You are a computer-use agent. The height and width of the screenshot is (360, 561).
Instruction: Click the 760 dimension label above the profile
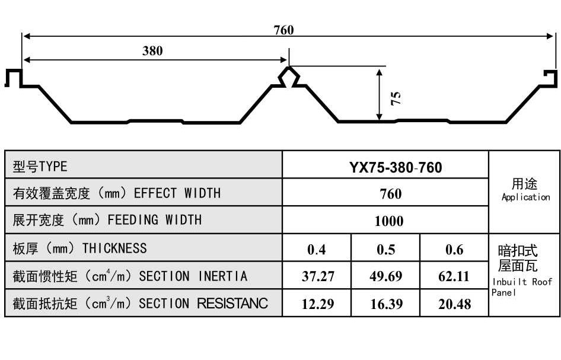(x=283, y=30)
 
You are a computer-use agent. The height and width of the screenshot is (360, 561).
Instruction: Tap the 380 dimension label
(x=152, y=50)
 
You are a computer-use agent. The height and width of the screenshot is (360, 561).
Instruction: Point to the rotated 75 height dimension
(x=396, y=97)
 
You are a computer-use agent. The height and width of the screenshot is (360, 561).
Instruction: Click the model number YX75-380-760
(x=396, y=167)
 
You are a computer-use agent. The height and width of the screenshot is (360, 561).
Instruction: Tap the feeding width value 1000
(x=389, y=221)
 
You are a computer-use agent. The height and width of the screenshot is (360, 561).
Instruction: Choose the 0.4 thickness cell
(x=317, y=249)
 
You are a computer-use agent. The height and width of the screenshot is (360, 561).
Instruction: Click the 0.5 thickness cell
(x=385, y=249)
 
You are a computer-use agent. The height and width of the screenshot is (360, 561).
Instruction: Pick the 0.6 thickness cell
(x=454, y=249)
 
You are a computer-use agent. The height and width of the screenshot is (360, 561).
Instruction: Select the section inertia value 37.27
(x=317, y=276)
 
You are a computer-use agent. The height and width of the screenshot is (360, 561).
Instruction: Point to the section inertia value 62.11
(x=455, y=276)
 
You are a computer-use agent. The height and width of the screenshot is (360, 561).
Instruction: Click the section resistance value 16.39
(x=385, y=304)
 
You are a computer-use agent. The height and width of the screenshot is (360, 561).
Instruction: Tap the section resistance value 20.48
(x=455, y=304)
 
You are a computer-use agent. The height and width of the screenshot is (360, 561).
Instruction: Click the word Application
(x=525, y=197)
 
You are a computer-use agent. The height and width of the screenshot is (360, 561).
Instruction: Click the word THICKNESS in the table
(x=114, y=247)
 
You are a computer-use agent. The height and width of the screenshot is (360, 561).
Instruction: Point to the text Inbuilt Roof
(x=522, y=282)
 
